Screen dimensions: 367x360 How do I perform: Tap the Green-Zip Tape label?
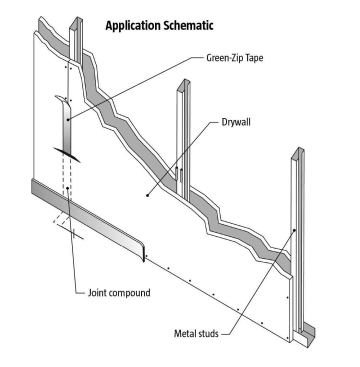(x=251, y=59)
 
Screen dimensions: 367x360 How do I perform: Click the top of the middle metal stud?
(x=182, y=82)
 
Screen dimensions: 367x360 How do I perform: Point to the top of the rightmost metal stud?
(x=297, y=152)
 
